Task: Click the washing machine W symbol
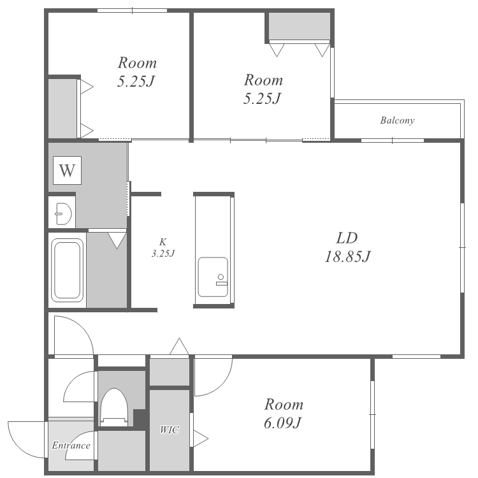click(x=67, y=170)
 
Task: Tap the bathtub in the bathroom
click(x=67, y=270)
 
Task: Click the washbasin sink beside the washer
click(x=63, y=214)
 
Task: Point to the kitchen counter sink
click(x=213, y=277)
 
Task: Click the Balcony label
click(x=397, y=120)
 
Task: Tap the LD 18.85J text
click(x=347, y=247)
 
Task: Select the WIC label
click(x=169, y=430)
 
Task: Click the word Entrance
click(x=71, y=445)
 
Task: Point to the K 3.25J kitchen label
click(x=163, y=247)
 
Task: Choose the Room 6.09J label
click(x=284, y=414)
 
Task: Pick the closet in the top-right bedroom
click(x=300, y=27)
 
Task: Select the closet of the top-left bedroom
click(x=62, y=108)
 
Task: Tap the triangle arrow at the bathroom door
click(x=117, y=240)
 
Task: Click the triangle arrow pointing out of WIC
click(x=201, y=438)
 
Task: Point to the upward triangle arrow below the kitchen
click(x=179, y=346)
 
